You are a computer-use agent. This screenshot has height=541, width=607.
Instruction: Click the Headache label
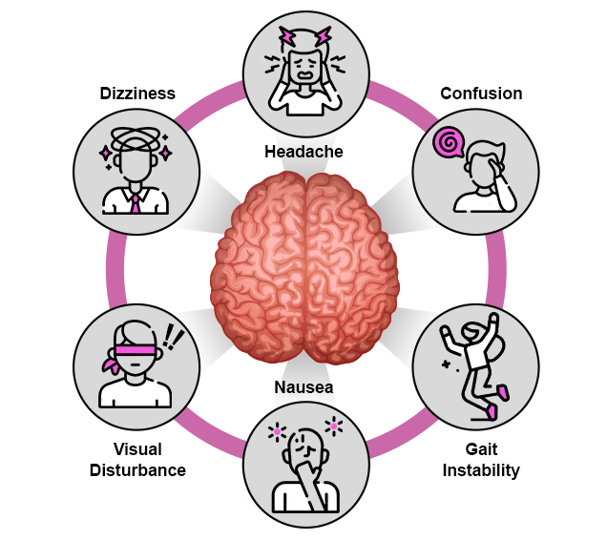[303, 151]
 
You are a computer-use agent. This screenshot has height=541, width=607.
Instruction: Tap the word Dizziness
[137, 94]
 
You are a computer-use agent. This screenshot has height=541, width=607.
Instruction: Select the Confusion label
[481, 94]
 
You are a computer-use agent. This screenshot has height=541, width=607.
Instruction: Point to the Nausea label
[303, 387]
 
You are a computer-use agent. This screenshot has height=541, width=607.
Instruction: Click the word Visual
[137, 448]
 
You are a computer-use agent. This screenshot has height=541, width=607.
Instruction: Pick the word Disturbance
[137, 470]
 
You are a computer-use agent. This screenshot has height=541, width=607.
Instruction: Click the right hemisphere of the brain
[347, 268]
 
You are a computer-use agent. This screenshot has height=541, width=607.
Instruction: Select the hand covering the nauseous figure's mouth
[303, 470]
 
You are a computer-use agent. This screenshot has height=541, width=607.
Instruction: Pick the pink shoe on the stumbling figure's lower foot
[492, 411]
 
